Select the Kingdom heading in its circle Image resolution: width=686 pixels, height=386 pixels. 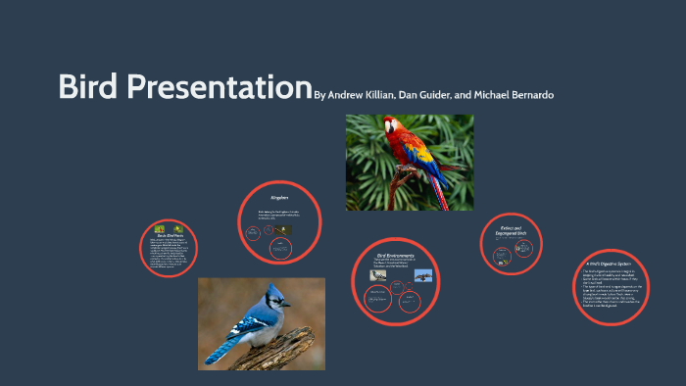coord(279,198)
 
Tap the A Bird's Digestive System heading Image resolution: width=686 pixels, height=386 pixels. coord(607,264)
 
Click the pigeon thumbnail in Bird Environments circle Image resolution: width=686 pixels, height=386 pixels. coord(376,276)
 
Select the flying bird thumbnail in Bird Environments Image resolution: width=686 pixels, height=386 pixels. coord(422,276)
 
